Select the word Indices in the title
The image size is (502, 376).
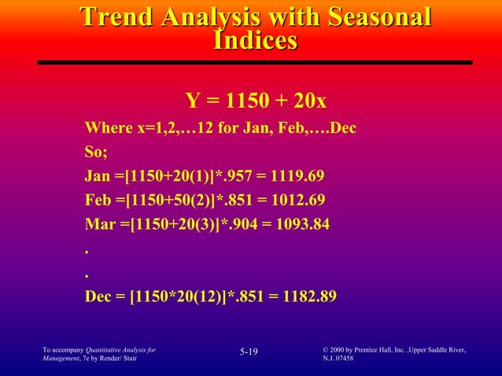pyautogui.click(x=256, y=41)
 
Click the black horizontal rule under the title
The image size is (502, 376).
pyautogui.click(x=255, y=62)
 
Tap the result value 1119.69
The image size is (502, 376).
pyautogui.click(x=296, y=175)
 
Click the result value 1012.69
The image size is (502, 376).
pyautogui.click(x=297, y=200)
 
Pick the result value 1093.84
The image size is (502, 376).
pyautogui.click(x=302, y=224)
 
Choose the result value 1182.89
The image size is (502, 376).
pyautogui.click(x=308, y=297)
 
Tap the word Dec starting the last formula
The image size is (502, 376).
pyautogui.click(x=99, y=297)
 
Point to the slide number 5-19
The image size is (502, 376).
pyautogui.click(x=249, y=352)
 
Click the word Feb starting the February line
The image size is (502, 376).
pyautogui.click(x=98, y=200)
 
